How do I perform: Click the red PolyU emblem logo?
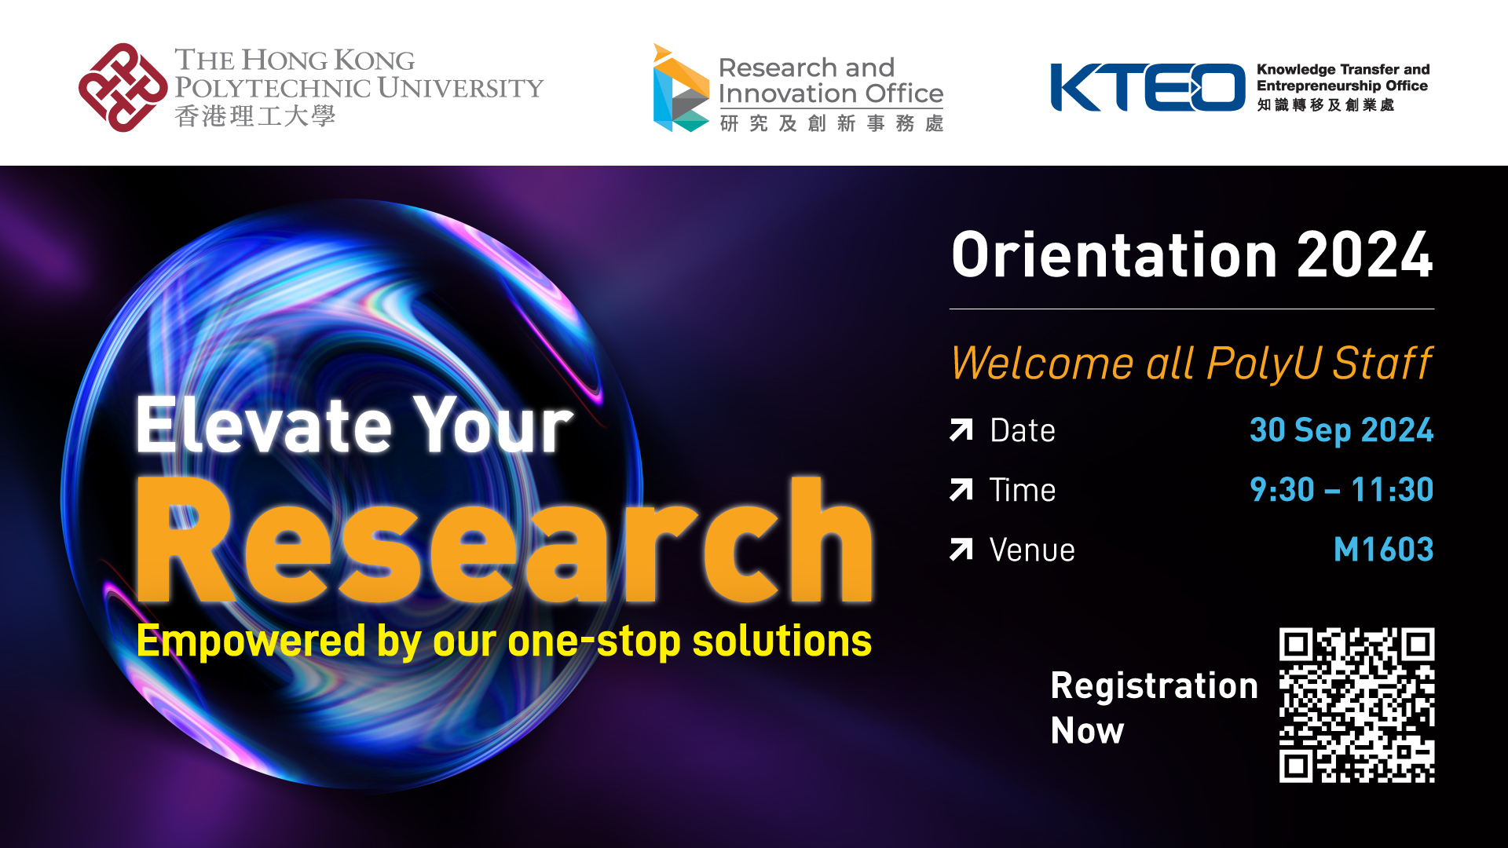[123, 87]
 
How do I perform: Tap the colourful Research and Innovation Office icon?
[680, 88]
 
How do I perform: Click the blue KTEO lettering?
[1147, 87]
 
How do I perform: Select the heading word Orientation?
[1115, 255]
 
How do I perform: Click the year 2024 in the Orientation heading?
[1364, 255]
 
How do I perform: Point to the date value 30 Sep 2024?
[1341, 430]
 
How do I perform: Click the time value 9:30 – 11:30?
[1341, 490]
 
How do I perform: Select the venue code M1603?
[1383, 550]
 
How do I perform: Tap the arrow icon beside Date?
[961, 430]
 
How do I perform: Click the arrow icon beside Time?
[961, 490]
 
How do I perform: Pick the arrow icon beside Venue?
[961, 550]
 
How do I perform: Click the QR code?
[1356, 704]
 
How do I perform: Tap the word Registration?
[1154, 685]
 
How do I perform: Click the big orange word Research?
[503, 542]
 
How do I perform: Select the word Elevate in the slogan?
[264, 425]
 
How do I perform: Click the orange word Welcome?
[1041, 364]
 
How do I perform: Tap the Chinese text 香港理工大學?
[255, 116]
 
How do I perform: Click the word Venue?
[1032, 550]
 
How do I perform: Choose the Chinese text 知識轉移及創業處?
[1325, 105]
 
